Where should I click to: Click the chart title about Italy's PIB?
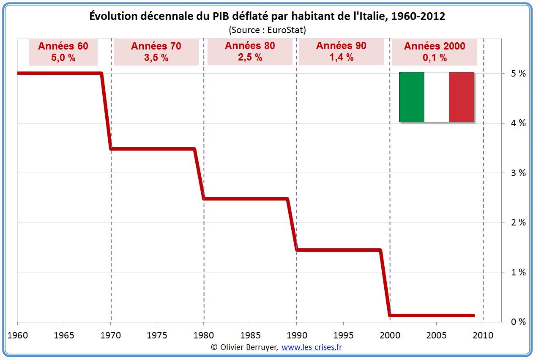[x=267, y=16]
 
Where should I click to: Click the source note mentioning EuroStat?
[x=267, y=30]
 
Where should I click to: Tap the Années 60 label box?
[x=63, y=52]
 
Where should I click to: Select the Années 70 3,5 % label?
[x=156, y=52]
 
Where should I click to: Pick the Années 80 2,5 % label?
[x=250, y=52]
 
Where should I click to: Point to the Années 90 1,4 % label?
[x=341, y=52]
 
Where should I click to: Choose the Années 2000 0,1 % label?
[x=434, y=52]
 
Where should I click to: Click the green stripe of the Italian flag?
[x=412, y=97]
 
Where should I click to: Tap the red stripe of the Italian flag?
[x=461, y=97]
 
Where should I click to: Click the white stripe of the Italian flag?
[x=436, y=97]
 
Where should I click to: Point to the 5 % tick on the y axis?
[x=518, y=74]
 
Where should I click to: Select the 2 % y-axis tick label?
[x=518, y=223]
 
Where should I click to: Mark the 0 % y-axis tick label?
[x=518, y=322]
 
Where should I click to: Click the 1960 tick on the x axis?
[x=17, y=335]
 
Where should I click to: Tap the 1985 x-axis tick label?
[x=250, y=335]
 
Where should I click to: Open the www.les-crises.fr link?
[x=311, y=347]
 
